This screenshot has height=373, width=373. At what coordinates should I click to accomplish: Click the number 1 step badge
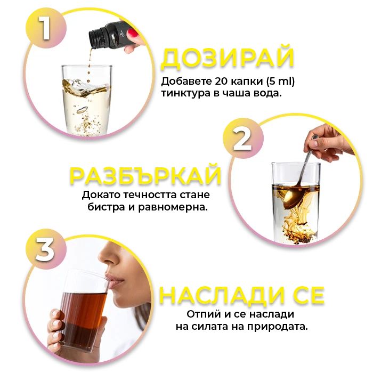point(46,28)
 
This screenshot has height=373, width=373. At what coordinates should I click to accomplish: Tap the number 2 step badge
point(243,138)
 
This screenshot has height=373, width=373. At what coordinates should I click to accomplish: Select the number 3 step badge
point(46,249)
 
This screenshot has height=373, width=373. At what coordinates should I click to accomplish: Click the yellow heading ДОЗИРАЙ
point(228,58)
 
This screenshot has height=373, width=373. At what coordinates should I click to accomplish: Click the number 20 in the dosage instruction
point(222,81)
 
